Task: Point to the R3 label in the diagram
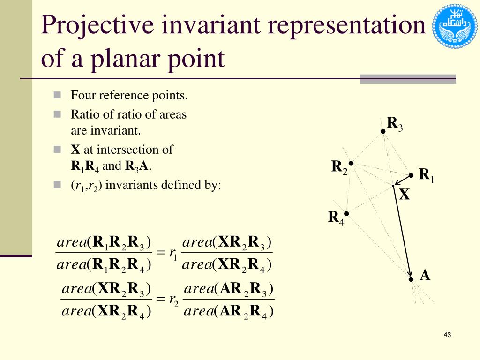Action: pos(394,124)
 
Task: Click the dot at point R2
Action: pos(351,163)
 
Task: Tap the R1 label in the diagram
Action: pos(426,175)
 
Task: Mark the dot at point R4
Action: pos(346,213)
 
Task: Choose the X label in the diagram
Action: pos(404,195)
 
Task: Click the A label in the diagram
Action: pos(425,275)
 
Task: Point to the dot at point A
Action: pos(411,279)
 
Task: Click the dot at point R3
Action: pos(383,131)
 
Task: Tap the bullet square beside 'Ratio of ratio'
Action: pos(58,114)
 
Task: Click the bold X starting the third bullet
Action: pos(75,150)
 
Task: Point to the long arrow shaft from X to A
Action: pos(402,232)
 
